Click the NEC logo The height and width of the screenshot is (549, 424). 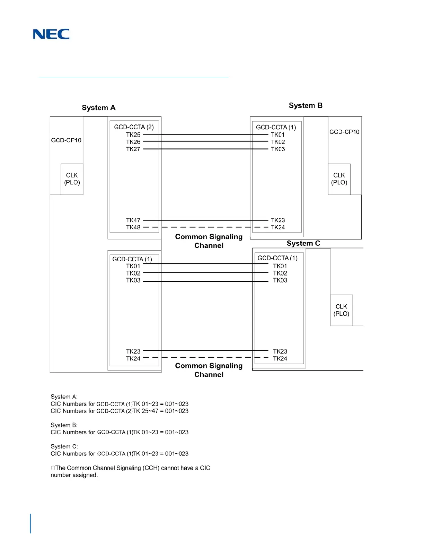tap(51, 34)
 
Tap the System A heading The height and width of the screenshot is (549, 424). tap(99, 108)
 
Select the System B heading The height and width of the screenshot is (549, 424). tap(306, 106)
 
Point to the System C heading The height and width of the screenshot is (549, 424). tap(303, 243)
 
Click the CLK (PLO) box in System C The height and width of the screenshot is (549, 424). tap(341, 310)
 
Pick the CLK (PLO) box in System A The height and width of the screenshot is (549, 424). tap(72, 179)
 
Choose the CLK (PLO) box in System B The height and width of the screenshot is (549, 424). tap(339, 179)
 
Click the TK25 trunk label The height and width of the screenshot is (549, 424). tap(133, 135)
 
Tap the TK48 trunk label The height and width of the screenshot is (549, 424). tap(133, 227)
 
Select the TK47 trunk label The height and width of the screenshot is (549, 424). tap(133, 220)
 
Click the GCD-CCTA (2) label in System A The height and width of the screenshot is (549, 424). tap(134, 127)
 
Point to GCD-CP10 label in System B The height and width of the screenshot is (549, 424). tap(344, 132)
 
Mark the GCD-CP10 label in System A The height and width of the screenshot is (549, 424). tap(66, 140)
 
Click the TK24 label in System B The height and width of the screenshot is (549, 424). tap(278, 227)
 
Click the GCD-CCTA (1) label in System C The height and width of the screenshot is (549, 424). tap(277, 258)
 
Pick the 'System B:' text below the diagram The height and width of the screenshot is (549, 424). tap(64, 425)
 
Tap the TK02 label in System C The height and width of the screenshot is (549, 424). tap(280, 273)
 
